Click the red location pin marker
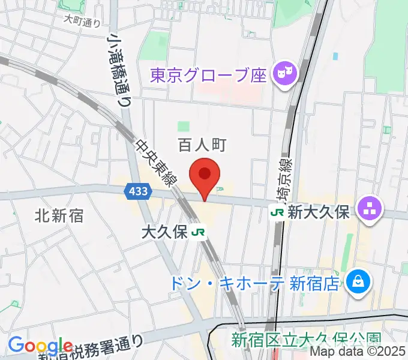click(x=205, y=175)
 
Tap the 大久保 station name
click(x=164, y=232)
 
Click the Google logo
click(x=41, y=346)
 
